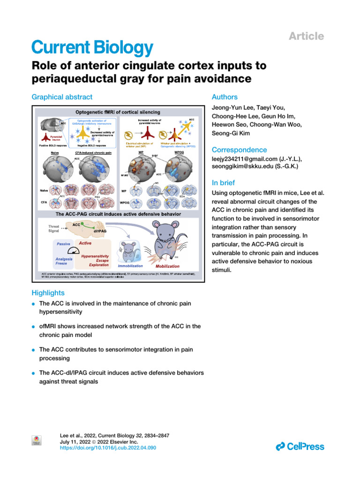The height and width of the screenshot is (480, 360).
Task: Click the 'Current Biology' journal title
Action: pyautogui.click(x=92, y=47)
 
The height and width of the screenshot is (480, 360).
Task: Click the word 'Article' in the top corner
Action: pyautogui.click(x=307, y=36)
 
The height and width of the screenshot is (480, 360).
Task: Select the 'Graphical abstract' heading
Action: pyautogui.click(x=61, y=97)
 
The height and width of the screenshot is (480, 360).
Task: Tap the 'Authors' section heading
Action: pyautogui.click(x=225, y=97)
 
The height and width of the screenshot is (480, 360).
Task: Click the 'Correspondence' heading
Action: pyautogui.click(x=240, y=150)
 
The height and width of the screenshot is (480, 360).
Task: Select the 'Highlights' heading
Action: pyautogui.click(x=48, y=292)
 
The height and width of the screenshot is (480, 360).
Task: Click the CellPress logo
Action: pyautogui.click(x=300, y=446)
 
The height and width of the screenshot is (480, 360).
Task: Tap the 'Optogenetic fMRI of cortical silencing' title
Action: pyautogui.click(x=118, y=112)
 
